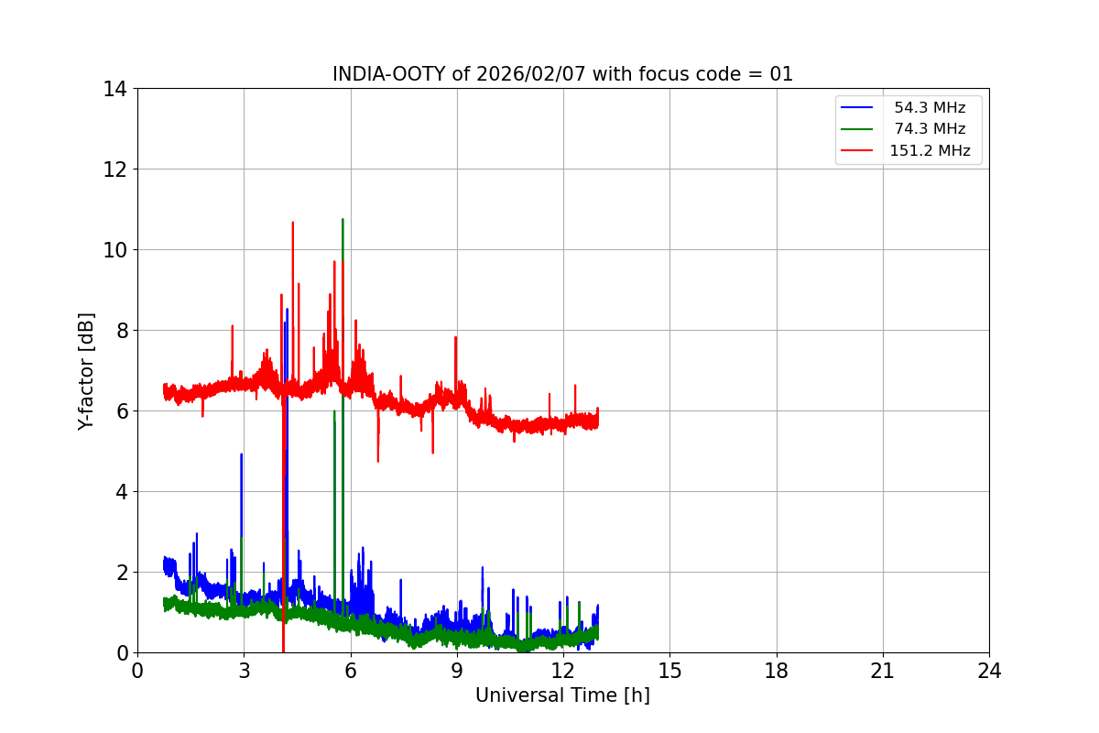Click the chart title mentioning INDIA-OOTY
[x=562, y=74]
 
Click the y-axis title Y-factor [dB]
[x=86, y=370]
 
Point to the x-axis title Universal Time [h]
[x=562, y=695]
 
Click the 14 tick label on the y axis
[x=114, y=89]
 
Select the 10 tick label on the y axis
[x=114, y=250]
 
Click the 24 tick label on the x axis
[x=989, y=671]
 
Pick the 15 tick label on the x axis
[x=669, y=671]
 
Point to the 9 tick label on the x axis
[x=456, y=671]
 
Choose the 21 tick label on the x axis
[x=883, y=671]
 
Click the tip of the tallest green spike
[x=343, y=219]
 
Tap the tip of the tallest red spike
[x=292, y=222]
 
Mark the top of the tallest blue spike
[x=287, y=309]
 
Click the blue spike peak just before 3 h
[x=241, y=454]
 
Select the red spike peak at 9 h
[x=455, y=337]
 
